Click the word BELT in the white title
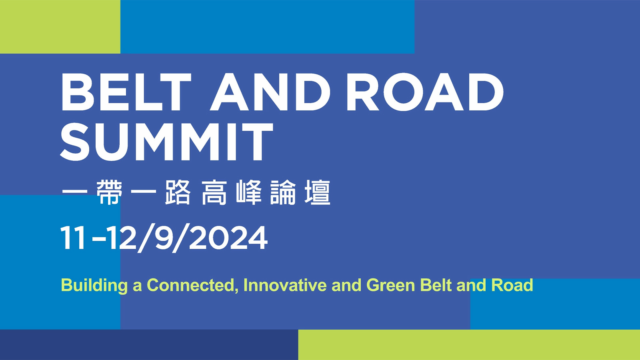click(x=126, y=92)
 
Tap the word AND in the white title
click(x=270, y=92)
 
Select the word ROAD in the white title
click(x=425, y=92)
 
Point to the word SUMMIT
click(x=166, y=142)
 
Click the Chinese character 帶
click(x=110, y=192)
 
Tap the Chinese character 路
click(x=178, y=192)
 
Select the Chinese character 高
click(x=214, y=192)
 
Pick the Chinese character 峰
click(x=248, y=192)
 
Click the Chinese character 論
click(x=283, y=192)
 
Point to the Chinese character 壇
click(x=318, y=192)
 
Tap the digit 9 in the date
click(x=165, y=238)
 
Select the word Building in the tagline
click(x=94, y=286)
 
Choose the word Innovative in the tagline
click(x=285, y=285)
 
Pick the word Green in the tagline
click(x=390, y=285)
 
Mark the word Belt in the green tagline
click(x=436, y=285)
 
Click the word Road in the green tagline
click(x=512, y=285)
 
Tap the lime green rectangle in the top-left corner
click(x=60, y=26)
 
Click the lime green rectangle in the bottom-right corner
click(x=469, y=344)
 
